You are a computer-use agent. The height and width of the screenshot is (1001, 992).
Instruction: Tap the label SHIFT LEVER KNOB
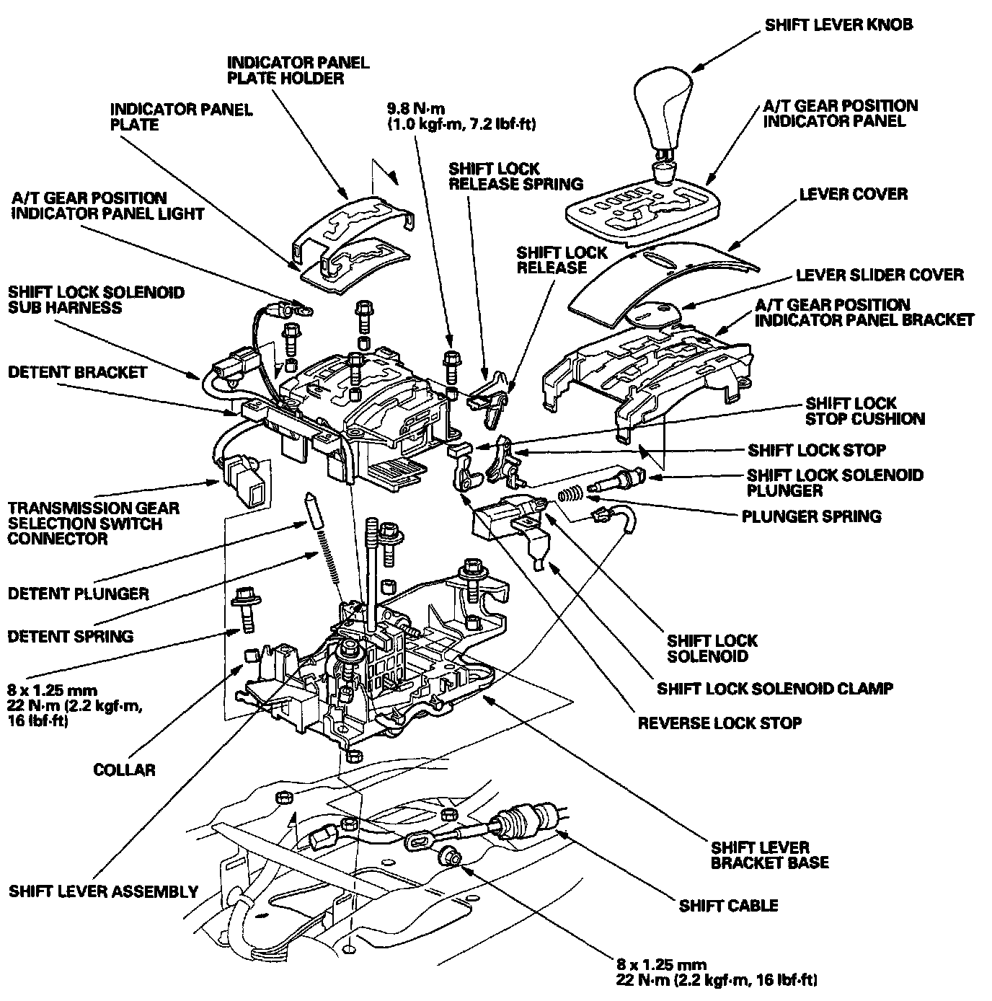[838, 25]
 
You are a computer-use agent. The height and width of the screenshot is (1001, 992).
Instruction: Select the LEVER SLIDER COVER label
[879, 275]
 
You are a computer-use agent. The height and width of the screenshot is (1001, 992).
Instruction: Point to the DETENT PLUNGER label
[78, 594]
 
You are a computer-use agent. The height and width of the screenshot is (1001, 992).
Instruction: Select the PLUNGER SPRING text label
[811, 516]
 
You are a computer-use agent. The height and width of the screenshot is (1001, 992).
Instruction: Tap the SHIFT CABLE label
[728, 905]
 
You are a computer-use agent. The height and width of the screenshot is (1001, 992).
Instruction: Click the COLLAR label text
[124, 770]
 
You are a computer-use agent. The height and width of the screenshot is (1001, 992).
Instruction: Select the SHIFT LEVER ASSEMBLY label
[103, 891]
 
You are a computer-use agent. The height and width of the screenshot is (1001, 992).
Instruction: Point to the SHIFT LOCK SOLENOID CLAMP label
[774, 688]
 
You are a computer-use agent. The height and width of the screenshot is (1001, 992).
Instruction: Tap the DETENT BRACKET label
[77, 372]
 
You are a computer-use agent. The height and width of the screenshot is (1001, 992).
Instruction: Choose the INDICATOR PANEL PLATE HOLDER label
[298, 70]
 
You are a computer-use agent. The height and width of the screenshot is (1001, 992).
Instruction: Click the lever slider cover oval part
[652, 312]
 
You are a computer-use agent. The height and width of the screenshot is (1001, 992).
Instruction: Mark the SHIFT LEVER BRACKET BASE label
[769, 855]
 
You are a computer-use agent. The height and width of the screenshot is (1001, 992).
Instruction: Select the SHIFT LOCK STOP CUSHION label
[864, 411]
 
